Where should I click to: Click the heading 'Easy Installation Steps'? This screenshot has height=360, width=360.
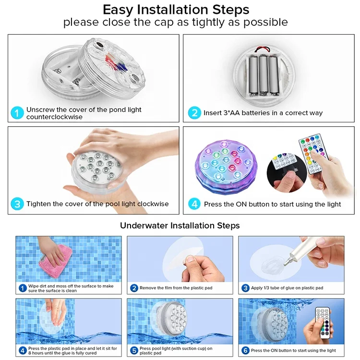pyautogui.click(x=176, y=10)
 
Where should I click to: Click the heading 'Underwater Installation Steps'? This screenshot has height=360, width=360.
pyautogui.click(x=180, y=226)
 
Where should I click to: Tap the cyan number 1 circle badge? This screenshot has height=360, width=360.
pyautogui.click(x=17, y=113)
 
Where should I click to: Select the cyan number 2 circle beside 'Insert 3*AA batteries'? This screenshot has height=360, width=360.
pyautogui.click(x=194, y=113)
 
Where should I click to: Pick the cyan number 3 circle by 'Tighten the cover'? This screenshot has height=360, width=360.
pyautogui.click(x=17, y=204)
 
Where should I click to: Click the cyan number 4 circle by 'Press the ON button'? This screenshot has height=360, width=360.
pyautogui.click(x=194, y=204)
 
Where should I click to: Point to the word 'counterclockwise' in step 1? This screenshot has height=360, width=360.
pyautogui.click(x=54, y=117)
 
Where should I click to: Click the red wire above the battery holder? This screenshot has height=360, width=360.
pyautogui.click(x=262, y=48)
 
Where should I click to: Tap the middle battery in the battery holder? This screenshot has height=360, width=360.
pyautogui.click(x=263, y=75)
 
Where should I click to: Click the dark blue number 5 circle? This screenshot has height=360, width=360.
pyautogui.click(x=134, y=350)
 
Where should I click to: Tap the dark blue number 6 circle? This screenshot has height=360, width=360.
pyautogui.click(x=245, y=350)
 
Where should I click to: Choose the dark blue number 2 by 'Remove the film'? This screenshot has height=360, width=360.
pyautogui.click(x=134, y=288)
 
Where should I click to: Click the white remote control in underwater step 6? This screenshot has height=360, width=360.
pyautogui.click(x=324, y=323)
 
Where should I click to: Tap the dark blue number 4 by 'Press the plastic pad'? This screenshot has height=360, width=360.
pyautogui.click(x=23, y=350)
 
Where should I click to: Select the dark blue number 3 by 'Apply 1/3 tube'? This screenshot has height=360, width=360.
pyautogui.click(x=245, y=288)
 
